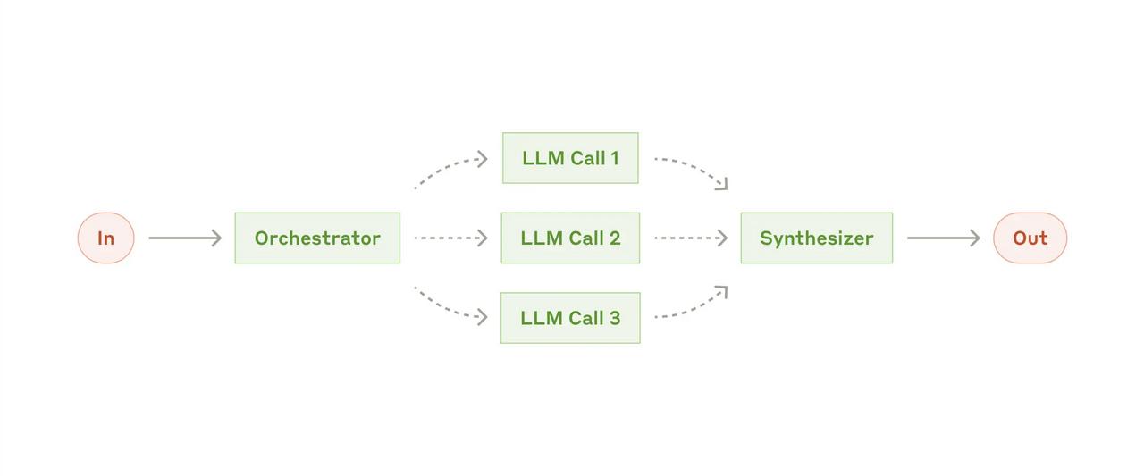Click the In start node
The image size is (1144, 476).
(x=105, y=238)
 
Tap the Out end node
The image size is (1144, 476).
(x=1030, y=238)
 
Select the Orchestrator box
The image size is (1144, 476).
(x=317, y=238)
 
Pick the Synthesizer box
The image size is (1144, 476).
(x=817, y=238)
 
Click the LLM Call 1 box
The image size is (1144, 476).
(x=570, y=158)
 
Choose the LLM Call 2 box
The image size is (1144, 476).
(x=570, y=238)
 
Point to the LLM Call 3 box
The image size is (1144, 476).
(x=570, y=318)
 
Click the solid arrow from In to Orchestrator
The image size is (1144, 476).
(x=185, y=238)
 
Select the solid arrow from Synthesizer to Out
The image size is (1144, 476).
(x=943, y=238)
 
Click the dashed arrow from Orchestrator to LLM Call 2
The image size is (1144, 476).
(x=451, y=238)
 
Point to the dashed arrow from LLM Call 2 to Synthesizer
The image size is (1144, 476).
(x=691, y=238)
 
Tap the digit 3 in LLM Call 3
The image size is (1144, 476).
(x=614, y=318)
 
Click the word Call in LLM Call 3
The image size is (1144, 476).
(x=585, y=318)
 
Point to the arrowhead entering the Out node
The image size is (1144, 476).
(x=975, y=238)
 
